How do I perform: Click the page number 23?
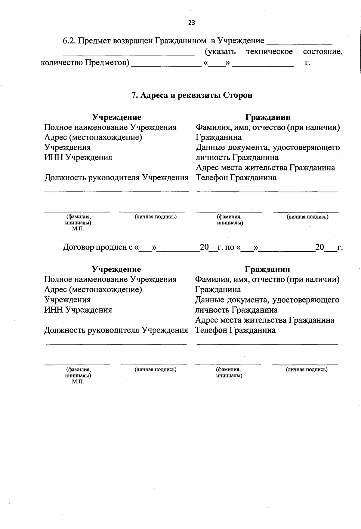tap(192, 23)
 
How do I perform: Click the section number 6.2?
tap(69, 41)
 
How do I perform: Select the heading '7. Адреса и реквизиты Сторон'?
tap(192, 95)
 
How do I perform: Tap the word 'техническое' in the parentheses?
tap(269, 52)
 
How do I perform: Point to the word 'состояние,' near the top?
tap(323, 52)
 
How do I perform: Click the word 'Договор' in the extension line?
tap(78, 247)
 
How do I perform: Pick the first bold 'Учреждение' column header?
tap(116, 117)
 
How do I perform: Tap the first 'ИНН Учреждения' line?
tap(78, 157)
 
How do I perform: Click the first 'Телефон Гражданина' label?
tap(236, 178)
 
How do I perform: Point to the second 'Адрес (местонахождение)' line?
tap(93, 290)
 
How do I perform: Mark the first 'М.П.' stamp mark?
tap(78, 229)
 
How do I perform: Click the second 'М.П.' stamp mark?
tap(78, 382)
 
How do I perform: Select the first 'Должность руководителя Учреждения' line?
tap(116, 178)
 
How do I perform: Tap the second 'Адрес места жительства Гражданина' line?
tap(265, 320)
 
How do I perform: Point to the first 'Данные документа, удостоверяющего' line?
tap(268, 148)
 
